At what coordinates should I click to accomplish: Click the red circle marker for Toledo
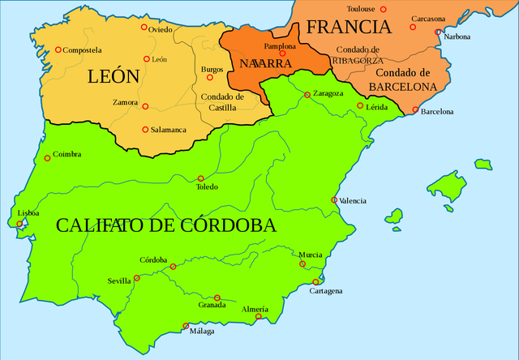click(x=201, y=178)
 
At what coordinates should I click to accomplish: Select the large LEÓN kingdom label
click(x=114, y=77)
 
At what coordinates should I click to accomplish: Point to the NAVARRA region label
click(x=259, y=62)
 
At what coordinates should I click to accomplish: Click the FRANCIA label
click(x=349, y=26)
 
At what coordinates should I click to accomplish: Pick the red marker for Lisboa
click(x=19, y=225)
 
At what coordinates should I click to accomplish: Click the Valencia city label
click(x=353, y=200)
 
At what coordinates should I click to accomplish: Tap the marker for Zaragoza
click(x=307, y=95)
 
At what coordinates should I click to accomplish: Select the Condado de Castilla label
click(x=218, y=101)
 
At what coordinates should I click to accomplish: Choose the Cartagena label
click(x=325, y=291)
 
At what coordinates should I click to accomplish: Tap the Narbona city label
click(x=457, y=36)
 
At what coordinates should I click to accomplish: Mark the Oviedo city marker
click(x=144, y=27)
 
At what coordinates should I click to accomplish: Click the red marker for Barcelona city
click(x=415, y=110)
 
